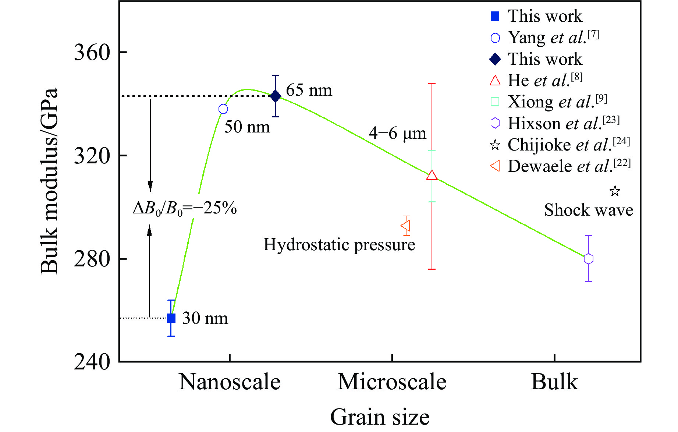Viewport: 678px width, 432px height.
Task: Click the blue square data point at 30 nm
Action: coord(171,318)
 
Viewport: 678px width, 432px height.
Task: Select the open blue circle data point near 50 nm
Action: coord(223,109)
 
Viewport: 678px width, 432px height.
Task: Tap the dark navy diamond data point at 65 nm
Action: coord(275,96)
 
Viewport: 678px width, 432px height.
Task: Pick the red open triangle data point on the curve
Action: coord(432,176)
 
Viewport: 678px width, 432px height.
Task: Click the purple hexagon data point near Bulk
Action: coord(588,259)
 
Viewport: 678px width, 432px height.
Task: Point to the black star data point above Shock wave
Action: coord(615,191)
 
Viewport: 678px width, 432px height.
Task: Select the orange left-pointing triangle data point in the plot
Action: coord(405,226)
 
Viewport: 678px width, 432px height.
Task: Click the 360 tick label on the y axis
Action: coord(92,52)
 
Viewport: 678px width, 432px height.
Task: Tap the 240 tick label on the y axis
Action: coord(92,362)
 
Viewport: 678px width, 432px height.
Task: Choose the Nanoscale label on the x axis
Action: coord(230,382)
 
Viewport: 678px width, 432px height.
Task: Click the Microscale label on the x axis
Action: coord(392,382)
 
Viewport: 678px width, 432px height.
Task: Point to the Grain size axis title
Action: coord(380,417)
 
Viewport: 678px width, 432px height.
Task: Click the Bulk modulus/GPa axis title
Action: coord(49,181)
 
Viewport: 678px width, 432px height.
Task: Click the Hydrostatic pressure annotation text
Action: coord(339,245)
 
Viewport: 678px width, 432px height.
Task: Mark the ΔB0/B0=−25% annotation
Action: coord(185,209)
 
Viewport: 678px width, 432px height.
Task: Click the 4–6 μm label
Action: coord(397,133)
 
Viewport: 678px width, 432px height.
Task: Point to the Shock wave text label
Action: coord(589,210)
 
